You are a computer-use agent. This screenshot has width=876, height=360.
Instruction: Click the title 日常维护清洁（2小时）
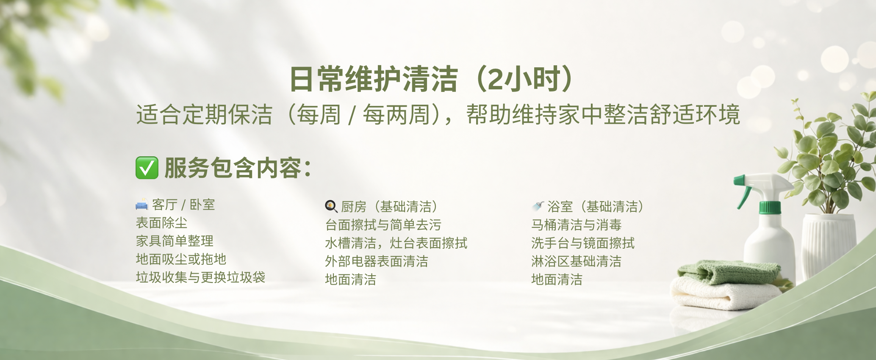tap(432, 79)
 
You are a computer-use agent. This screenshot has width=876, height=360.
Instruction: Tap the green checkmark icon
tap(147, 168)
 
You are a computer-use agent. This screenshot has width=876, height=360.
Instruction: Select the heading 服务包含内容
tap(237, 168)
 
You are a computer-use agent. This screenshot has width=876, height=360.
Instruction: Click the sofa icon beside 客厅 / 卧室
tap(141, 205)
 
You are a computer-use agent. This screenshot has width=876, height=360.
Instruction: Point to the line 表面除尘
tap(161, 223)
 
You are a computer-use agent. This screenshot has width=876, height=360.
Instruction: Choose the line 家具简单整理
tap(175, 241)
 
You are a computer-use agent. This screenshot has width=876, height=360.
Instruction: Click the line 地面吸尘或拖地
tap(181, 259)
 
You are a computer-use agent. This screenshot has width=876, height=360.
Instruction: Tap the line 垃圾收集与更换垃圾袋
tap(200, 277)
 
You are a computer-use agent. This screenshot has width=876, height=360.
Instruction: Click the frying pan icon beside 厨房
tap(331, 206)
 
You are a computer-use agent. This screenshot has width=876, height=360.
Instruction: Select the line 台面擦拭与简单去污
tap(383, 225)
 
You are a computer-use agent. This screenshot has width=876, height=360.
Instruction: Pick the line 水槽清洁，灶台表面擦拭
tap(396, 243)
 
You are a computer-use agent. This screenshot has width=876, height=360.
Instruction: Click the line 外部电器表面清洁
tap(377, 261)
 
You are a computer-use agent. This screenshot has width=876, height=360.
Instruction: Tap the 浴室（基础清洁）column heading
tap(595, 207)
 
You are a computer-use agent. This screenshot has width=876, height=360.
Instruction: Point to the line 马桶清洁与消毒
tap(576, 225)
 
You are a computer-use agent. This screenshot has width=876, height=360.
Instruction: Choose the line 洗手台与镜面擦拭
tap(583, 243)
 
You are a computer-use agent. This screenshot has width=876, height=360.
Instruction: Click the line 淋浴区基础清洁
tap(576, 261)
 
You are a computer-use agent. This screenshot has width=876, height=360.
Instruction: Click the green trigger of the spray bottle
tap(742, 193)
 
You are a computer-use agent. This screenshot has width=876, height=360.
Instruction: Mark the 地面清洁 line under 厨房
tap(350, 280)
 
